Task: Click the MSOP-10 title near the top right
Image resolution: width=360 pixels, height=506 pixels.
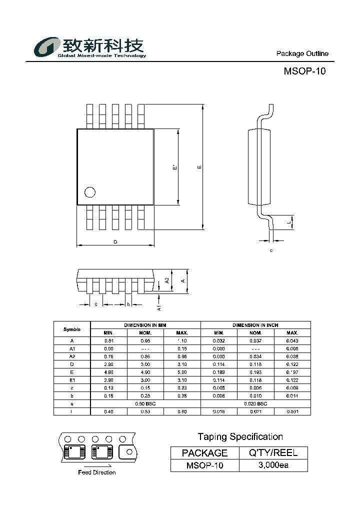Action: click(x=304, y=71)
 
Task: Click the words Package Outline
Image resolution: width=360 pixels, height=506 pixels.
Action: click(x=302, y=54)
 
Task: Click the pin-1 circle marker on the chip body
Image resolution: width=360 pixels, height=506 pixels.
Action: click(x=90, y=192)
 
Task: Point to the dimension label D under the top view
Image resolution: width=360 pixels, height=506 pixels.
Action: click(x=115, y=242)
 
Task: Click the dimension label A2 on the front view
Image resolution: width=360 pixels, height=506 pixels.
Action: click(x=167, y=281)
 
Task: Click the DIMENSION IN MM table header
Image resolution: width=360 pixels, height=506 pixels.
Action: click(x=145, y=325)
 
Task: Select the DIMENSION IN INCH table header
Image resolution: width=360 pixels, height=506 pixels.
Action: click(x=255, y=325)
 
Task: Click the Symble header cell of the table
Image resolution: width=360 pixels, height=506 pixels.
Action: click(x=71, y=329)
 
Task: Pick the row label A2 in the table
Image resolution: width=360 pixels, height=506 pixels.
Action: click(x=71, y=356)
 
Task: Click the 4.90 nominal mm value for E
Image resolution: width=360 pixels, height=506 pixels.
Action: click(x=145, y=372)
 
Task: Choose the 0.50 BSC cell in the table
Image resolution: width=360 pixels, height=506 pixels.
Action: click(x=145, y=403)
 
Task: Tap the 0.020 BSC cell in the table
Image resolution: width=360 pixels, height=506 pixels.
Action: click(x=255, y=403)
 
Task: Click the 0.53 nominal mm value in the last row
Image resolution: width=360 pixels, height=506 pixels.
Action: click(x=145, y=411)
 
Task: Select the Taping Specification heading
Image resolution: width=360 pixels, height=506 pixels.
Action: click(x=240, y=436)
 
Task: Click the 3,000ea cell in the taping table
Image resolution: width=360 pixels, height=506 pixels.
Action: click(x=273, y=465)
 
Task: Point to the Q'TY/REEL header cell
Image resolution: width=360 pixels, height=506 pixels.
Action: click(x=273, y=453)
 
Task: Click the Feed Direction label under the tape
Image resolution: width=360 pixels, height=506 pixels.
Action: click(x=97, y=472)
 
